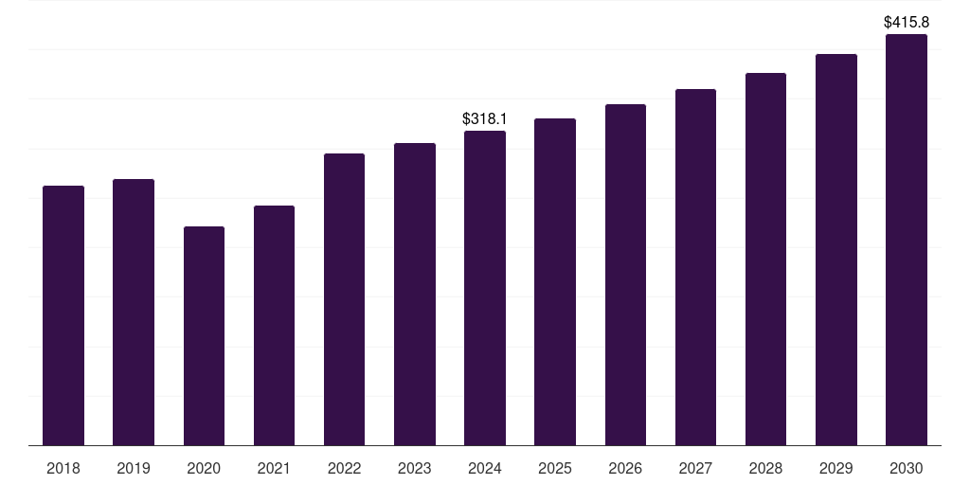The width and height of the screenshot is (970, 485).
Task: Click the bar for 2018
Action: point(63,315)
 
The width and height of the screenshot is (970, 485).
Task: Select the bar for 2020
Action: point(204,336)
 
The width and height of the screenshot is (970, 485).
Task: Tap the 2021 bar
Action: point(274,326)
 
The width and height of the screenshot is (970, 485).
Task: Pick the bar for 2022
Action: point(344,299)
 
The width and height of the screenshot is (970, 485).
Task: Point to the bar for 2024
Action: point(485,288)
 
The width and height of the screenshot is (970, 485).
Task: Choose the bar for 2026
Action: point(625,275)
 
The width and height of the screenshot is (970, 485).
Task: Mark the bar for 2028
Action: point(765,259)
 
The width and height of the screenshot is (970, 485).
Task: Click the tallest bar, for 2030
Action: point(906,240)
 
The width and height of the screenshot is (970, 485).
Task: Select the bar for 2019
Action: point(134,313)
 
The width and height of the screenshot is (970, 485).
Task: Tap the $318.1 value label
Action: point(485,119)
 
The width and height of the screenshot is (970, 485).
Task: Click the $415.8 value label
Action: point(906,21)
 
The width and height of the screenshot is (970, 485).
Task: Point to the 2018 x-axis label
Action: point(63,469)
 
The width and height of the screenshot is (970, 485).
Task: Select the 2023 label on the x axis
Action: point(415,469)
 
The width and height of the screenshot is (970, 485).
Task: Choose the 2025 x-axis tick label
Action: point(555,469)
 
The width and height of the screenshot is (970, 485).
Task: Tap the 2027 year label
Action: point(695,469)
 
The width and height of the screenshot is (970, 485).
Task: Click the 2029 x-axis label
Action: point(835,469)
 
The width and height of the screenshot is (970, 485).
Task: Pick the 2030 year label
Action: point(906,469)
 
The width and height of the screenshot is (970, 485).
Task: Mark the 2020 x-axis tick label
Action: point(204,469)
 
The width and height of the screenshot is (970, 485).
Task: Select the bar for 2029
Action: point(835,249)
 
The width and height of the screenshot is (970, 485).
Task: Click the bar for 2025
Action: point(555,281)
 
